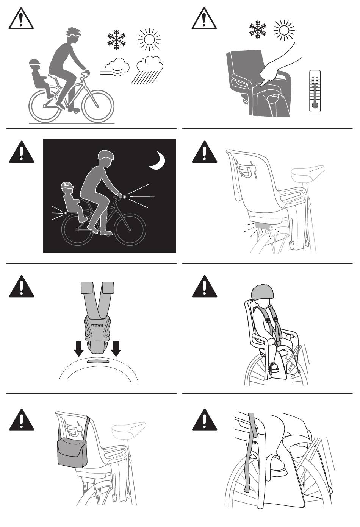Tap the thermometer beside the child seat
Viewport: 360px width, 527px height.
(315, 91)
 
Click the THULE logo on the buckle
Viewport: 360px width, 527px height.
(97, 326)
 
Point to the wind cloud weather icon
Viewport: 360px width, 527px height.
(115, 67)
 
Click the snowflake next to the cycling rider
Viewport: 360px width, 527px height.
(116, 39)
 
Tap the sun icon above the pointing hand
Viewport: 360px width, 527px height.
(284, 30)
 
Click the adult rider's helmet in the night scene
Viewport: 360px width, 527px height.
(106, 155)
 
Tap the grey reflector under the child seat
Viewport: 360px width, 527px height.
(262, 226)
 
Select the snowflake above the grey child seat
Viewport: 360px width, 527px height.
(258, 30)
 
